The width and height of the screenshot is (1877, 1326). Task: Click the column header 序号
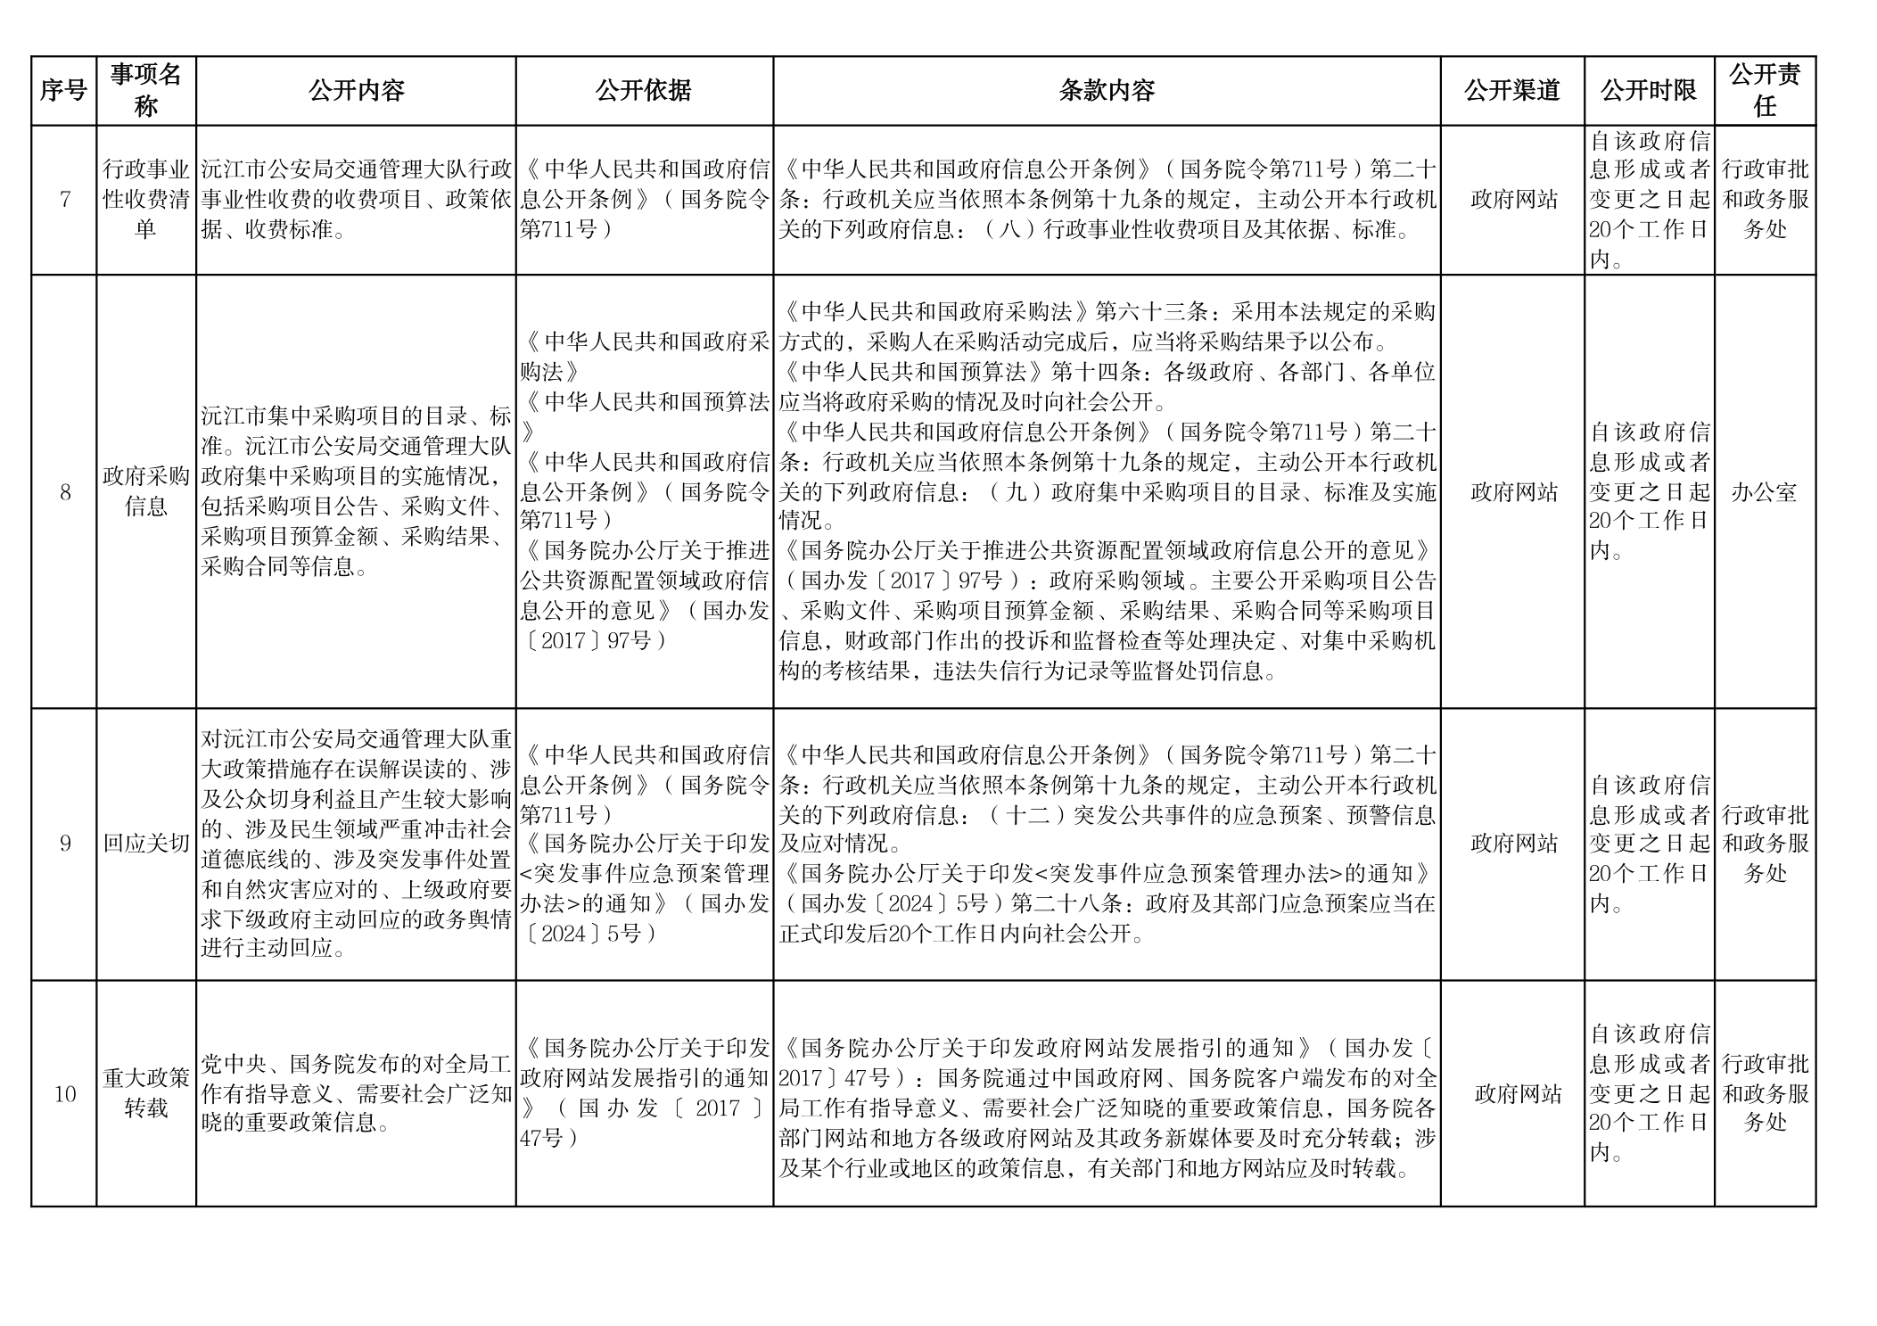[63, 91]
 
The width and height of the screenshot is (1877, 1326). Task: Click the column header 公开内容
[356, 91]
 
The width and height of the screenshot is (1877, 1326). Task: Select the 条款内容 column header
[1107, 91]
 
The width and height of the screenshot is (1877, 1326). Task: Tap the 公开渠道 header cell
[1512, 91]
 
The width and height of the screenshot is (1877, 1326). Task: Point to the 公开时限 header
[1649, 91]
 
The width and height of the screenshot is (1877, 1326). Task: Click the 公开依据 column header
[644, 91]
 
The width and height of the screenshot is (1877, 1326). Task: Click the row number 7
[64, 200]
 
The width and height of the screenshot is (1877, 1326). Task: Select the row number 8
[64, 492]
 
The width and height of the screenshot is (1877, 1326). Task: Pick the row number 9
[64, 844]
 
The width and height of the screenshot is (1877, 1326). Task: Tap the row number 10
[64, 1094]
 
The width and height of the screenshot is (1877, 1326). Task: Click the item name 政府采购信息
[146, 492]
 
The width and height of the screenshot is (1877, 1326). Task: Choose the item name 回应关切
[146, 844]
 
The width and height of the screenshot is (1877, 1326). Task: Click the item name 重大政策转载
[146, 1093]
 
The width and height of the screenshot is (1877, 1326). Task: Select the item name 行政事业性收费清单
[146, 200]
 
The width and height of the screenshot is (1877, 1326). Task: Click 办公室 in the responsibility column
[1764, 492]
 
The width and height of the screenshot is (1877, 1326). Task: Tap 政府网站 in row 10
[1518, 1094]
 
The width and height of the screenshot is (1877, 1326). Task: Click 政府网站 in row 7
[1514, 200]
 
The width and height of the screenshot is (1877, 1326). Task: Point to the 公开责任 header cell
[1765, 91]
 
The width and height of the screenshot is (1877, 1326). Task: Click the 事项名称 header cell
[146, 91]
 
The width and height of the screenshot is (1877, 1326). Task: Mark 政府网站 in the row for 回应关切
[1514, 844]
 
